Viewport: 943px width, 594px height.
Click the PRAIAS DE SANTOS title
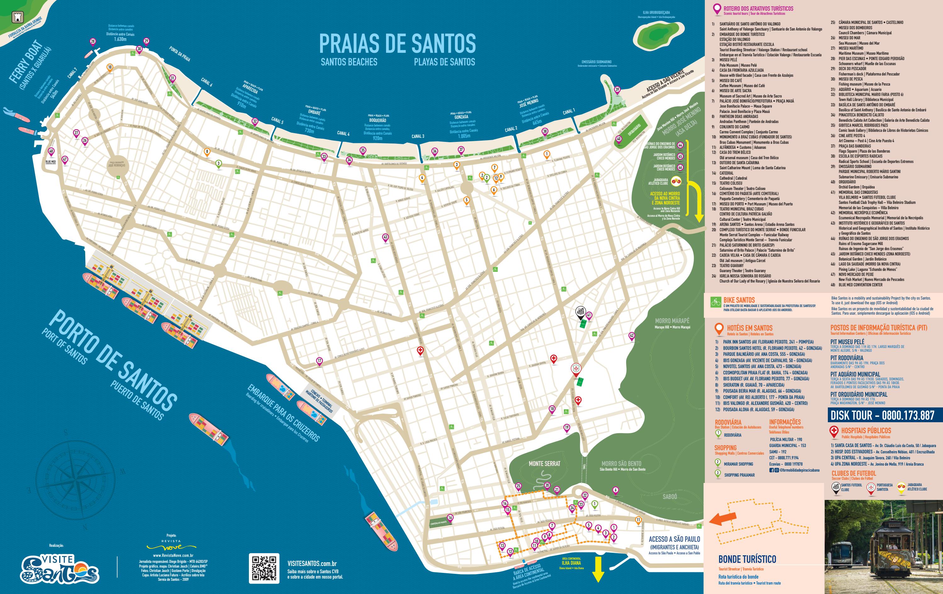397,43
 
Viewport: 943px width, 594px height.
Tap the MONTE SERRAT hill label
544,464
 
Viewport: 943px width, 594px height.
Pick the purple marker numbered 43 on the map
385,238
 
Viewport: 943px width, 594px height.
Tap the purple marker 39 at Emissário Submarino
617,90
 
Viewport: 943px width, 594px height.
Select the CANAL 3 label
418,136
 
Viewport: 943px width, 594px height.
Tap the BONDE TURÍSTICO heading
747,559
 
